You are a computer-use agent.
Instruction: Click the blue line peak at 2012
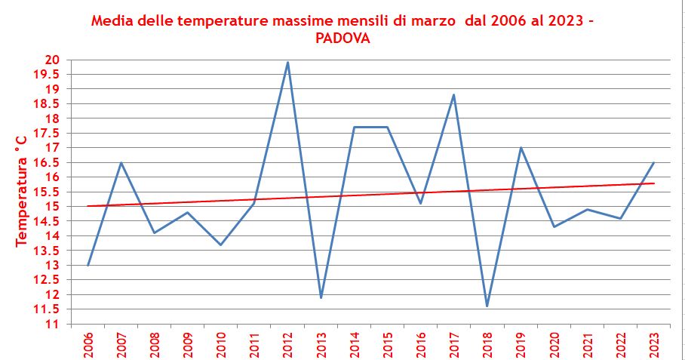pyautogui.click(x=287, y=63)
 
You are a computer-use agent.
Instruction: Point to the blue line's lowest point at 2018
pyautogui.click(x=487, y=306)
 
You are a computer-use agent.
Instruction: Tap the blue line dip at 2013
pyautogui.click(x=321, y=297)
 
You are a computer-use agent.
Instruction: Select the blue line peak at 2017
pyautogui.click(x=454, y=94)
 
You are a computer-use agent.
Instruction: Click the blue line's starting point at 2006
pyautogui.click(x=88, y=265)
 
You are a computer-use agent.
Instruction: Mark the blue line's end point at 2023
pyautogui.click(x=653, y=162)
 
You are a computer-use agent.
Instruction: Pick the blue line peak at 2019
pyautogui.click(x=521, y=147)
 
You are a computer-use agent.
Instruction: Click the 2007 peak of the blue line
pyautogui.click(x=121, y=162)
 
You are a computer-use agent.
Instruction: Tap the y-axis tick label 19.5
pyautogui.click(x=51, y=74)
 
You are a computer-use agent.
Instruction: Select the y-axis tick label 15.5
pyautogui.click(x=51, y=192)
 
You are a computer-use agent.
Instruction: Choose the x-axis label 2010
pyautogui.click(x=221, y=343)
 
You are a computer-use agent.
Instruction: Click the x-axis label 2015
pyautogui.click(x=388, y=343)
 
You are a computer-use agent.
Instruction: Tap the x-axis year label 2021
pyautogui.click(x=587, y=343)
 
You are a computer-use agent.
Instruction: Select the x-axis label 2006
pyautogui.click(x=88, y=343)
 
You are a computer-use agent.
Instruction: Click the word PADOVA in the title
pyautogui.click(x=342, y=38)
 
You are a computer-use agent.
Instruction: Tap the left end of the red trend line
pyautogui.click(x=88, y=206)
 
